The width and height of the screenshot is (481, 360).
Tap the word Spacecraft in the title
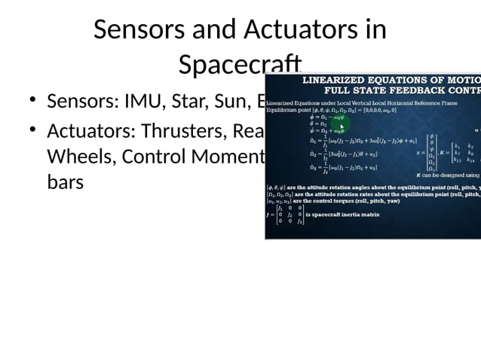click(240, 64)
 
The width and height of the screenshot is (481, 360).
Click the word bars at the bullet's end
click(65, 182)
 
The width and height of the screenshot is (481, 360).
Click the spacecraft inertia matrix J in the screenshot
click(290, 214)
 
